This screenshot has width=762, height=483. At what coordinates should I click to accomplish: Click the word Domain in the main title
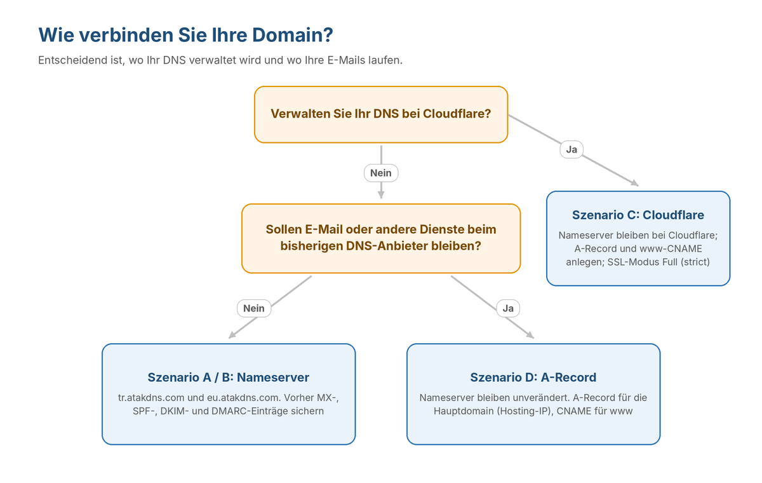tap(292, 35)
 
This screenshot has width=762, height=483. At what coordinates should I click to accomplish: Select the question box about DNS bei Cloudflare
tap(381, 114)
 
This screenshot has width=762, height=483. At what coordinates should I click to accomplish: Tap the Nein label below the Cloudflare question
tap(381, 173)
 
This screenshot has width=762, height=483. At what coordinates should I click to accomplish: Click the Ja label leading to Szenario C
tap(571, 149)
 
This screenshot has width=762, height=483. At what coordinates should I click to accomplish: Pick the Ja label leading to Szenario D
tap(508, 308)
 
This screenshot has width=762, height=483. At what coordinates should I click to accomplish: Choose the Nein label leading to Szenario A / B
tap(254, 308)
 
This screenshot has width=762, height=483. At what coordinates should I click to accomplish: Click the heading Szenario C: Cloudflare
tap(638, 215)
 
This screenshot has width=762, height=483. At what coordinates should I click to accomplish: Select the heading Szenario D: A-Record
tap(533, 378)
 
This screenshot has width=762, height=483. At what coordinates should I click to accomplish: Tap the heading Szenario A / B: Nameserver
tap(228, 378)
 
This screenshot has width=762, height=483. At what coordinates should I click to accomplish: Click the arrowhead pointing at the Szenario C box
tap(636, 184)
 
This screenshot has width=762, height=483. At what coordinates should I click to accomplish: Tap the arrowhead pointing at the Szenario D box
tap(531, 336)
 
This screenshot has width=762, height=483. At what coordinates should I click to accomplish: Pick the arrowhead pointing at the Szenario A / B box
tap(232, 336)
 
